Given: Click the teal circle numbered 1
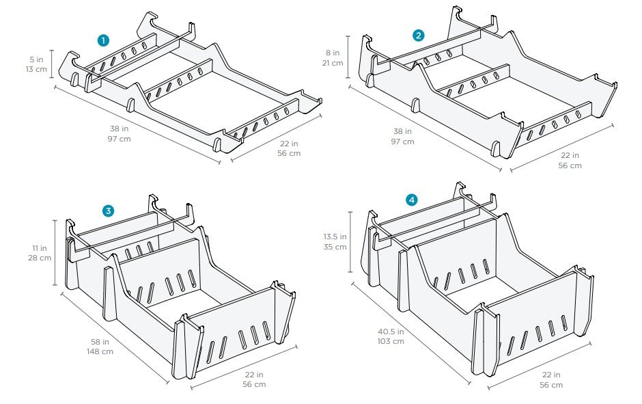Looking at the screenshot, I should click(x=103, y=40).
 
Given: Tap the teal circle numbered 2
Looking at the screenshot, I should click(x=419, y=35).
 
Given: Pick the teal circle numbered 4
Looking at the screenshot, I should click(x=411, y=200).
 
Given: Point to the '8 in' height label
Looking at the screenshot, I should click(x=333, y=52).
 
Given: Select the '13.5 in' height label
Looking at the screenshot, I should click(x=335, y=237).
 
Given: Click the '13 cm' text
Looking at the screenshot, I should click(x=33, y=70).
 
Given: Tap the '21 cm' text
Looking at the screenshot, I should click(x=333, y=63).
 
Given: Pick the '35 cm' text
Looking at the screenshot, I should click(x=335, y=247).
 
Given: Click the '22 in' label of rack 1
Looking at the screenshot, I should click(x=290, y=143).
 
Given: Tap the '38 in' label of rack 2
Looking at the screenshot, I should click(x=402, y=131).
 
